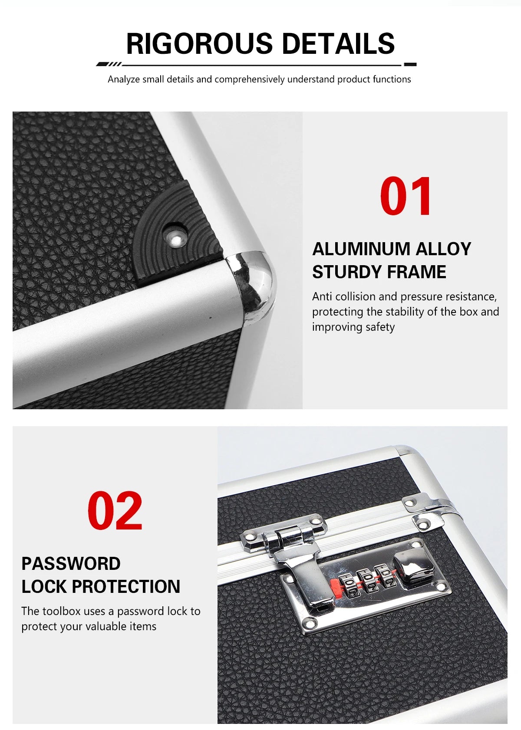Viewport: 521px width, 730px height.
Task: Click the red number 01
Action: (x=406, y=196)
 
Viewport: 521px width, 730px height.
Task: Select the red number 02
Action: (x=115, y=511)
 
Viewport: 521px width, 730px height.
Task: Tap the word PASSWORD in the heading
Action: (x=71, y=564)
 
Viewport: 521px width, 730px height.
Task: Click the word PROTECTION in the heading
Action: (x=126, y=587)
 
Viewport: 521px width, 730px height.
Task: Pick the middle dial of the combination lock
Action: (x=366, y=581)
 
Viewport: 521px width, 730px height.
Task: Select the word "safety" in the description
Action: (x=380, y=327)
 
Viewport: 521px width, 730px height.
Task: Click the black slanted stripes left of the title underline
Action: (x=109, y=64)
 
